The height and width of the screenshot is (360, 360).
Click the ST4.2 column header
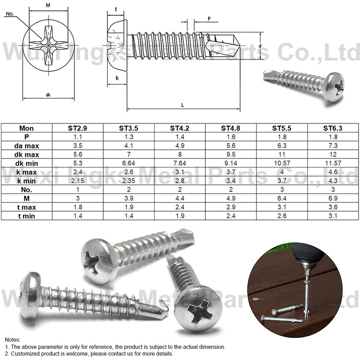[x=180, y=128]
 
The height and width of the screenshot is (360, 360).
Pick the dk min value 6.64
[x=129, y=163]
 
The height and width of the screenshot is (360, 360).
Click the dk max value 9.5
[x=231, y=155]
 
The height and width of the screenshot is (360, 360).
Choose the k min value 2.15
[x=77, y=181]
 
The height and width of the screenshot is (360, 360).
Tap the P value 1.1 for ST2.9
[x=77, y=137]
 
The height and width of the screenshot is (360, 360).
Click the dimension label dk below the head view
[x=48, y=95]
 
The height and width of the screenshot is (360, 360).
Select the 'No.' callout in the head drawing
[x=9, y=14]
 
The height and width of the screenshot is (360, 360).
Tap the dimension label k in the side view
[x=117, y=77]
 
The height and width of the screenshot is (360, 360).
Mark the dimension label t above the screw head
[x=116, y=9]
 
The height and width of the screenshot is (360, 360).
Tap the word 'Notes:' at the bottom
[x=13, y=339]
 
